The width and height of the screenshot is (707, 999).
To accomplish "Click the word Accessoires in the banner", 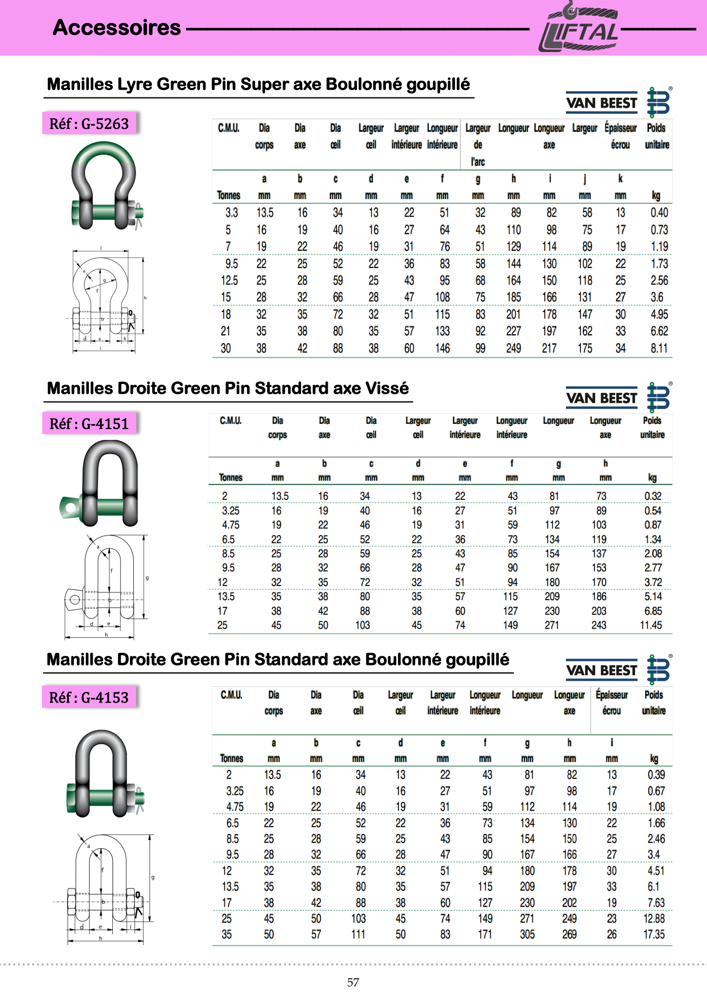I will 117,27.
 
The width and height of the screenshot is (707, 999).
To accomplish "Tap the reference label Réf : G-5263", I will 89,123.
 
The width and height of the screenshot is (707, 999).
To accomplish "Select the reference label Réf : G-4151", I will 89,423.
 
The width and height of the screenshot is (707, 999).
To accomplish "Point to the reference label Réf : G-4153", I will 89,697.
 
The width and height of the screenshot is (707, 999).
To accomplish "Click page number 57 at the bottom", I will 353,982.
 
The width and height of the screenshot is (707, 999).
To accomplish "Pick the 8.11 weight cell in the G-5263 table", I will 659,348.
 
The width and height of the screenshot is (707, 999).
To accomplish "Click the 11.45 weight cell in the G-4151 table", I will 651,625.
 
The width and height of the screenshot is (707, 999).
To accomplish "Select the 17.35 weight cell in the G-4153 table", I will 654,934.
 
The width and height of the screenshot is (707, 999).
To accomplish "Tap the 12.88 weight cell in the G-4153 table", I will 654,918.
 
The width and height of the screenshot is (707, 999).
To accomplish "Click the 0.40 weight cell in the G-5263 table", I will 659,212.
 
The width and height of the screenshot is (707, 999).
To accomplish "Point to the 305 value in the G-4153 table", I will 527,934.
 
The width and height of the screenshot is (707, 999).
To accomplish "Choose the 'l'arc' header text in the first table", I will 477,162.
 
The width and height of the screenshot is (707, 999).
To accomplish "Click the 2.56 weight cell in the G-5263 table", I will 659,280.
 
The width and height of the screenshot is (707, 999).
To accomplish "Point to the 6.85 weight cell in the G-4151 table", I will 653,611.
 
